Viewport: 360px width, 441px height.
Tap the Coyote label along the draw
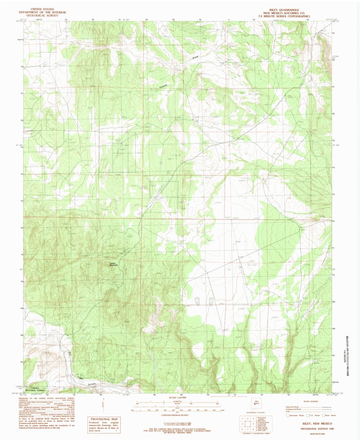[166, 85]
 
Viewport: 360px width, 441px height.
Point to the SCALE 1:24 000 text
[179, 398]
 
